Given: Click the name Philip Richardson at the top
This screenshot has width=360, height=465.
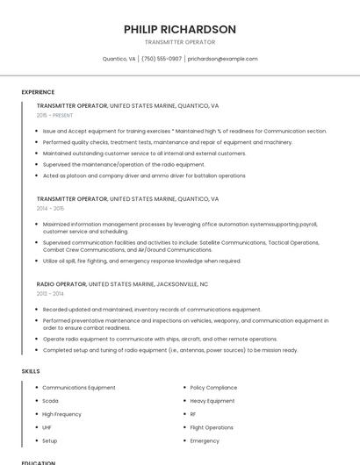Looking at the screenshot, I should (180, 29).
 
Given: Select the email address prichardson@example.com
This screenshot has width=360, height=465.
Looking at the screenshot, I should (222, 59).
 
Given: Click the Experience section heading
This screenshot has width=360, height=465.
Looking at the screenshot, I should (38, 92).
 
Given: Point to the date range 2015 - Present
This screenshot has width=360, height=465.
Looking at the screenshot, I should (55, 115).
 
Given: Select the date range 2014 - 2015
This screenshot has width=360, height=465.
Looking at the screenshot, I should (50, 209).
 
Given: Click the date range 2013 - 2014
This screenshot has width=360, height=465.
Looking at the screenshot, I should (50, 294).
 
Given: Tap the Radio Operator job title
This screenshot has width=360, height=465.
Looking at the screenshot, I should (61, 284).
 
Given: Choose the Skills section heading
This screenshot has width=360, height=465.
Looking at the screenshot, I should (31, 371).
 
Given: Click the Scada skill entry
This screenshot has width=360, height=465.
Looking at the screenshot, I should (50, 401).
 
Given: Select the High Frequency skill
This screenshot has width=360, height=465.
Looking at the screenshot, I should (61, 414).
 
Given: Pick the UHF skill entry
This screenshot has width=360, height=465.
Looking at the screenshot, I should (47, 427).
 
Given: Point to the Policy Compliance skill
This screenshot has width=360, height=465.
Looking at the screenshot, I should (213, 387).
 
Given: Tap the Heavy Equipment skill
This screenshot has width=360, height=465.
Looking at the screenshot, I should (212, 401).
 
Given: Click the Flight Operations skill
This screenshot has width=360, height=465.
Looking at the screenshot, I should (212, 427).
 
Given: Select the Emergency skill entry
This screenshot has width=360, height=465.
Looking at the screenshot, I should (205, 440).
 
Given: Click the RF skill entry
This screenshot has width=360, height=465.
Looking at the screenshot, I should (193, 414).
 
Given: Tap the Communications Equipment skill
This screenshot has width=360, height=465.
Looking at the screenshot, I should (79, 387).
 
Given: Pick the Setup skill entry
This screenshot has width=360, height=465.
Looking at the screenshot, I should (50, 440).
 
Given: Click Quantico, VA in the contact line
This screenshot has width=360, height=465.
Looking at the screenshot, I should (119, 59).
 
